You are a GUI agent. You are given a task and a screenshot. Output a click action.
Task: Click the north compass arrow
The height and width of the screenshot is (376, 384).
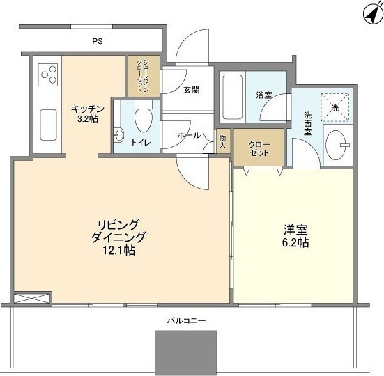coord(373,15)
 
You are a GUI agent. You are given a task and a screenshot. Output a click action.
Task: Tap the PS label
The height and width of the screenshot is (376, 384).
coord(98,41)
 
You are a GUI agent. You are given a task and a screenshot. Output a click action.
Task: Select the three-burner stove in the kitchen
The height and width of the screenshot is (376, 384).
coord(48,75)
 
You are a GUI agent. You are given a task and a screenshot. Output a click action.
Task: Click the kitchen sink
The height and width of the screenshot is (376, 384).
coord(49,125)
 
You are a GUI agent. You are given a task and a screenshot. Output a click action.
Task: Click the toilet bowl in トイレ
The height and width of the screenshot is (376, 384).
coord(144,117)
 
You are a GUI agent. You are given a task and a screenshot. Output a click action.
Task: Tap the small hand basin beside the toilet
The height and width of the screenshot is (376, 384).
coord(119,135)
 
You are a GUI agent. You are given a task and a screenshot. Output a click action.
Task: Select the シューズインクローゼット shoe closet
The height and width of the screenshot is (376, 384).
coord(144,76)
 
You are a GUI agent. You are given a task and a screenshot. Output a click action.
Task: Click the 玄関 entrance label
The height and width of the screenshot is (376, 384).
coord(192,90)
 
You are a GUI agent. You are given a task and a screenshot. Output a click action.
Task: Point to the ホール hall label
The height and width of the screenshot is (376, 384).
coord(189,135)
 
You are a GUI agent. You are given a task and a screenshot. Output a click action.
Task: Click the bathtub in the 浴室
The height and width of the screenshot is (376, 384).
coord(233,97)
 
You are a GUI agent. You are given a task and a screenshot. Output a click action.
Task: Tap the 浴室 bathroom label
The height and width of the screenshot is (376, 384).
coord(264,95)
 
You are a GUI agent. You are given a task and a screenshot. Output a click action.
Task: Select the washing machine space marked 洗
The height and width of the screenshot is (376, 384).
coord(335,107)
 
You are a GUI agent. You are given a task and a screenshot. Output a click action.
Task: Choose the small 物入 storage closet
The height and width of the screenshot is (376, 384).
coord(223,141)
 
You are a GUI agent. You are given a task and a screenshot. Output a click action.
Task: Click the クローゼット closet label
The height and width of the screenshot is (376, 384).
coord(259,149)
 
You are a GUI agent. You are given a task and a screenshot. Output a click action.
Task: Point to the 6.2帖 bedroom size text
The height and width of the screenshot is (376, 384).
coord(295,243)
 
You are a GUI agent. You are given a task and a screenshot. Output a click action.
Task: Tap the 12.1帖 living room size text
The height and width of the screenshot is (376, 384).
coord(118,250)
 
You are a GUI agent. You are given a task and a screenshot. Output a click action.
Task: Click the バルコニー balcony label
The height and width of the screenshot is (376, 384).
coord(186,320)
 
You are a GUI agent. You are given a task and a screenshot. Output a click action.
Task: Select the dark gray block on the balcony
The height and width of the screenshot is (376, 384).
coord(185,353)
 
